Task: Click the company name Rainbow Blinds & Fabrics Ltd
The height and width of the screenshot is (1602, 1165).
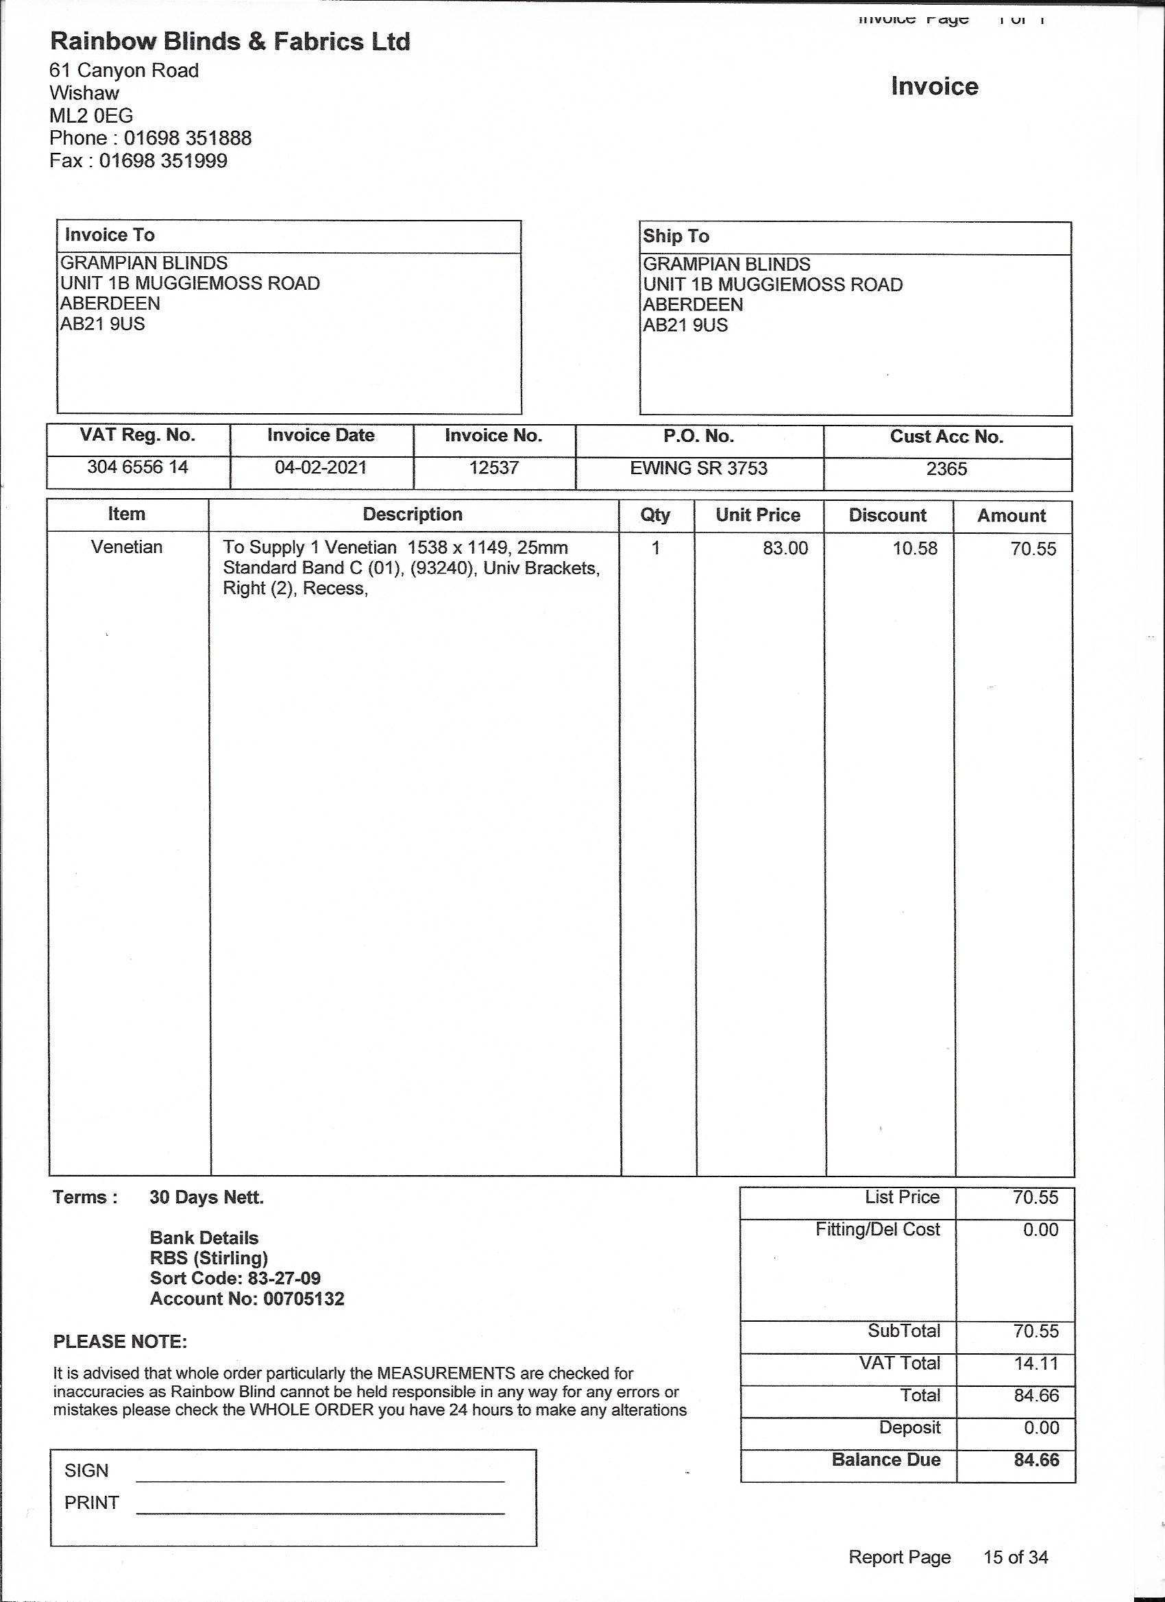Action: pyautogui.click(x=230, y=42)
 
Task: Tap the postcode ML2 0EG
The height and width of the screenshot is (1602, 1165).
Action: pyautogui.click(x=91, y=115)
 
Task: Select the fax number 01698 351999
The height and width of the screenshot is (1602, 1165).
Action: pyautogui.click(x=163, y=160)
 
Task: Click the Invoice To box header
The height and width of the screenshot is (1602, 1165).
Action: pyautogui.click(x=110, y=235)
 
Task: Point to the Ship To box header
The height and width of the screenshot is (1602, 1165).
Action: pyautogui.click(x=676, y=236)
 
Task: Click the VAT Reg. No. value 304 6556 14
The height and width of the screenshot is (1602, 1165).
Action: pyautogui.click(x=138, y=467)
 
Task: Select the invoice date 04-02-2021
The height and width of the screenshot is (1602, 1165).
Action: pyautogui.click(x=321, y=467)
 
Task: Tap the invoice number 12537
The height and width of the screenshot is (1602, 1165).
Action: pyautogui.click(x=494, y=467)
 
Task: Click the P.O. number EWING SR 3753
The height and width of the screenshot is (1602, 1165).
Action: pyautogui.click(x=699, y=468)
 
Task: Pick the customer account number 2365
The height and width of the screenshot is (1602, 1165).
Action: pyautogui.click(x=946, y=469)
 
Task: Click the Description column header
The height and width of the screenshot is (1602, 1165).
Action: pyautogui.click(x=413, y=514)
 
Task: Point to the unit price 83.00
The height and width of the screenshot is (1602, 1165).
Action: pyautogui.click(x=785, y=548)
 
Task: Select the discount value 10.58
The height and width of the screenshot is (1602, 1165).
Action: pyautogui.click(x=915, y=548)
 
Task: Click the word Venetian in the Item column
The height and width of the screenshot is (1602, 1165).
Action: pyautogui.click(x=127, y=547)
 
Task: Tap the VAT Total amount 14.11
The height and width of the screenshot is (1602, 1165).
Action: pyautogui.click(x=1036, y=1364)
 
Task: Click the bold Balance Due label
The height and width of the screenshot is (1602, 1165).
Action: pyautogui.click(x=886, y=1459)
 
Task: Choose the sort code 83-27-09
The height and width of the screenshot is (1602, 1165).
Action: pyautogui.click(x=284, y=1278)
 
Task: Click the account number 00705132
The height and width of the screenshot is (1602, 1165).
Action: pyautogui.click(x=304, y=1298)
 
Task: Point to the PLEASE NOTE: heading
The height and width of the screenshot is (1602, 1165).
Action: pyautogui.click(x=120, y=1342)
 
